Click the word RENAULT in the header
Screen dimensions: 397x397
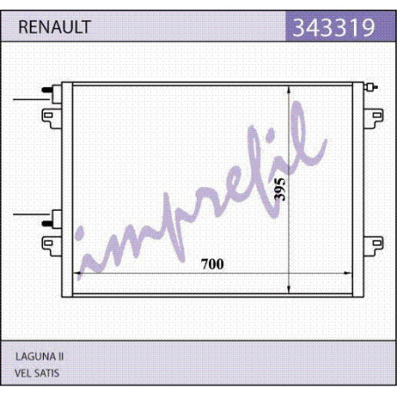pyautogui.click(x=54, y=27)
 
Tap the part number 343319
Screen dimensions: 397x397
pyautogui.click(x=334, y=27)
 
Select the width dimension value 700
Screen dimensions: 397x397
pyautogui.click(x=213, y=264)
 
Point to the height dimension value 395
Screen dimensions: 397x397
pyautogui.click(x=279, y=189)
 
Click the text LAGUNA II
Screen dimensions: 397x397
pyautogui.click(x=40, y=357)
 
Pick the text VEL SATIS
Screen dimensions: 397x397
pyautogui.click(x=37, y=373)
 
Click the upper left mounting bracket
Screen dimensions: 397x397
pyautogui.click(x=52, y=119)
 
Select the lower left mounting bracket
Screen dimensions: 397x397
pyautogui.click(x=52, y=246)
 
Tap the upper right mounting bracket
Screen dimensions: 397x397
pyautogui.click(x=373, y=119)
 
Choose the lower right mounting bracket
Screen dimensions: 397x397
pyautogui.click(x=373, y=246)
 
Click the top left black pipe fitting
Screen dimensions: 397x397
pyautogui.click(x=47, y=90)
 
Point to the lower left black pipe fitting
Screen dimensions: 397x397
pyautogui.click(x=47, y=223)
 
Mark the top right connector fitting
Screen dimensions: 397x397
pyautogui.click(x=371, y=87)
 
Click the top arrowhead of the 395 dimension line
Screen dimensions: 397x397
pyautogui.click(x=289, y=90)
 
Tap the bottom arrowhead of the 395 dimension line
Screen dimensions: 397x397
pyautogui.click(x=289, y=289)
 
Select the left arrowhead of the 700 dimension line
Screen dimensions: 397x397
pyautogui.click(x=76, y=273)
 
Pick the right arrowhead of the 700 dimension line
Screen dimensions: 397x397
pyautogui.click(x=348, y=273)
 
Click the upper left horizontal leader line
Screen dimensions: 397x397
pyautogui.click(x=31, y=99)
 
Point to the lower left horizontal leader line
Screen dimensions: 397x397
pyautogui.click(x=31, y=214)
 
